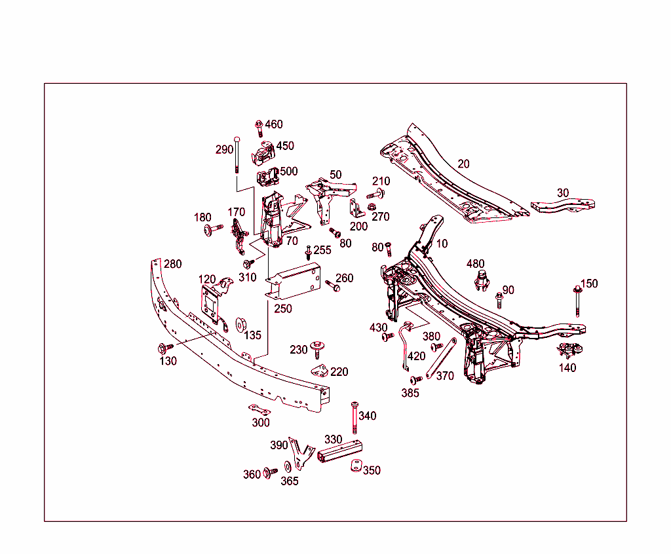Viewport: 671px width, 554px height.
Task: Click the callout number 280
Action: pyautogui.click(x=172, y=264)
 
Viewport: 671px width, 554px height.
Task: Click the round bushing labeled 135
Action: pyautogui.click(x=240, y=324)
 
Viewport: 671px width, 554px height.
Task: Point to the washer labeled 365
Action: pyautogui.click(x=288, y=468)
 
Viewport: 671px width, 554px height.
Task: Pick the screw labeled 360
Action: pyautogui.click(x=269, y=473)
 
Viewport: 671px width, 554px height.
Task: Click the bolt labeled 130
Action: pyautogui.click(x=164, y=347)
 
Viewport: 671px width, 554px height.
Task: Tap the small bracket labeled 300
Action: pyautogui.click(x=259, y=410)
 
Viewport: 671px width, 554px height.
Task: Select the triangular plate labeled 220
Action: pyautogui.click(x=320, y=371)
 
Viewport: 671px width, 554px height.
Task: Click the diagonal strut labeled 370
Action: pyautogui.click(x=441, y=358)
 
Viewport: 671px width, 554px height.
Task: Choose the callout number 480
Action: pyautogui.click(x=476, y=264)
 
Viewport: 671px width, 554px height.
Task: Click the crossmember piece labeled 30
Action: pyautogui.click(x=564, y=206)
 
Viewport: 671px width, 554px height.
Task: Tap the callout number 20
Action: pyautogui.click(x=463, y=164)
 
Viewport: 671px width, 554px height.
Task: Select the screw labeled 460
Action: pyautogui.click(x=259, y=127)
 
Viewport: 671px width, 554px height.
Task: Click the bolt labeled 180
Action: pyautogui.click(x=209, y=229)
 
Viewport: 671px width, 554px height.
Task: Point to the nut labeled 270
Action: pyautogui.click(x=372, y=208)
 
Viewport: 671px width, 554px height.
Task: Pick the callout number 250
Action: pyautogui.click(x=283, y=308)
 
